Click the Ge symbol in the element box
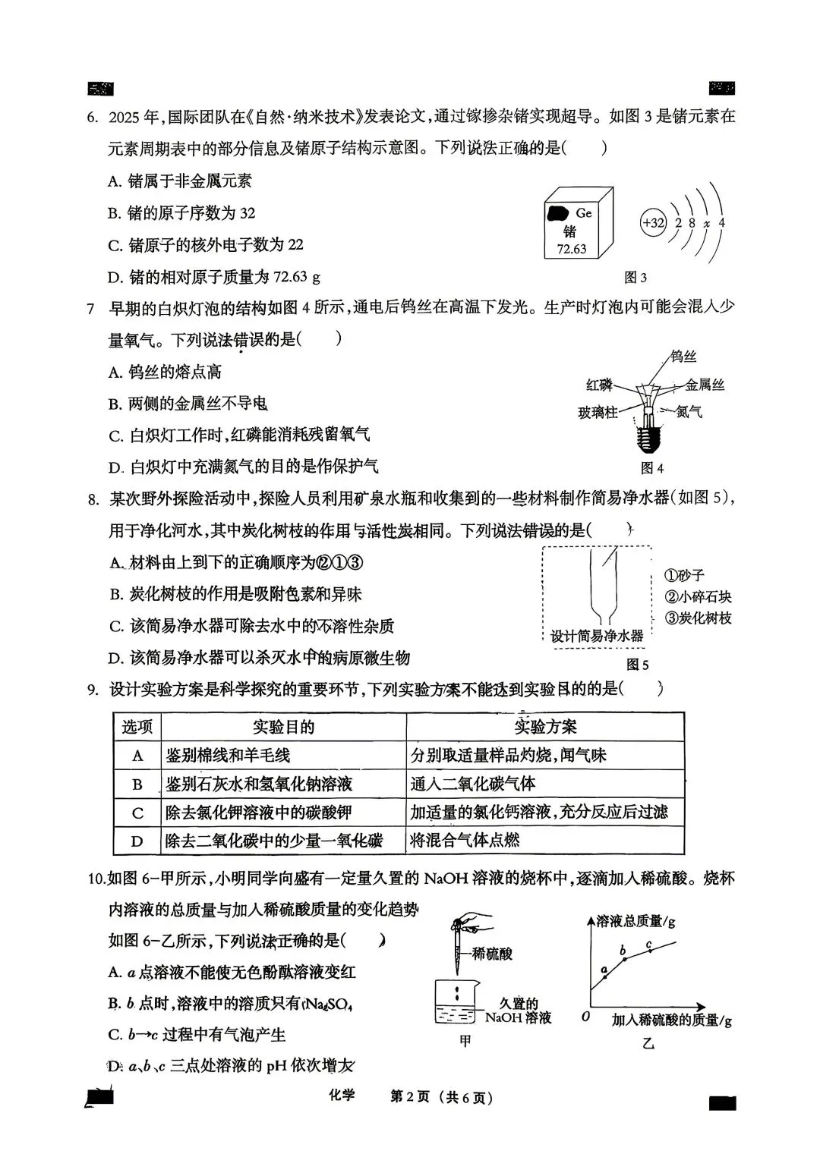pos(583,213)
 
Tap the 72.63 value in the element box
pos(571,249)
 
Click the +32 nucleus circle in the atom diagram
pos(653,223)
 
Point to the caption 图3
pos(635,278)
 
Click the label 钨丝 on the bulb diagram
pos(683,356)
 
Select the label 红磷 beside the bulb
pos(598,385)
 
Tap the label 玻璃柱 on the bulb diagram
pos(597,412)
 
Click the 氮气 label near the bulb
pos(689,412)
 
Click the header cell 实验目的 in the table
pos(283,727)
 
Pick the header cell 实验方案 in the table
pos(545,727)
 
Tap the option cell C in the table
pos(137,813)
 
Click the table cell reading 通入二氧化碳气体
pos(473,784)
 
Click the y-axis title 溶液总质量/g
pos(635,922)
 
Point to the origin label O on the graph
pos(585,1015)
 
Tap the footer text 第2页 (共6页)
pos(441,1097)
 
